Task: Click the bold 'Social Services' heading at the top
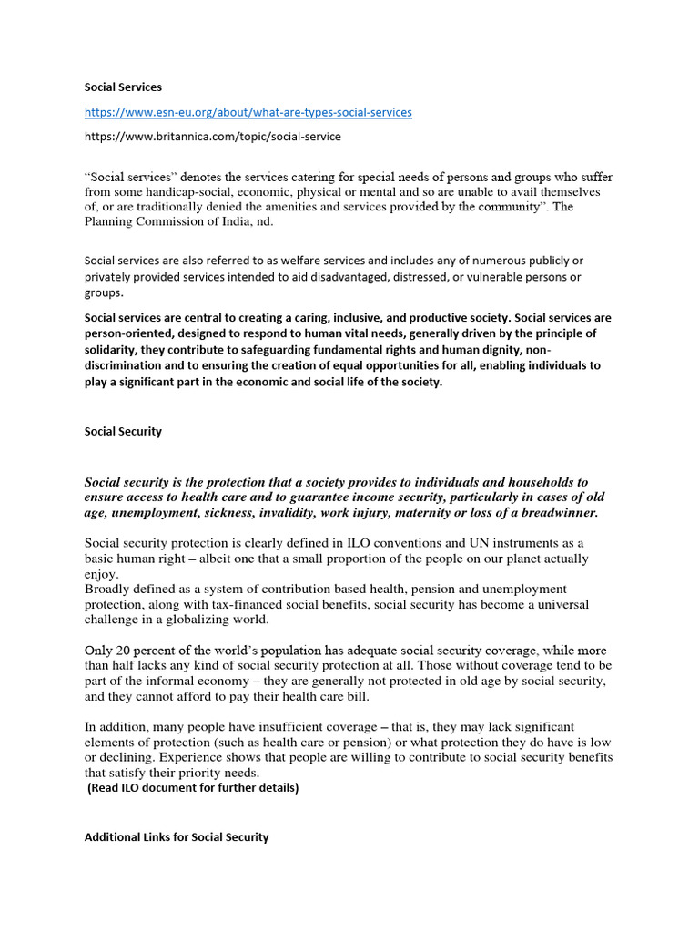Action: click(x=123, y=87)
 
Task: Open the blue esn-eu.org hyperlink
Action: click(x=248, y=112)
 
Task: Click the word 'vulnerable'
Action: click(x=482, y=277)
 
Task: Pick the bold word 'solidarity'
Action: click(x=114, y=350)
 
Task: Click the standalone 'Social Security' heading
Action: click(x=123, y=432)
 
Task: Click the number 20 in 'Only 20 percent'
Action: click(x=125, y=651)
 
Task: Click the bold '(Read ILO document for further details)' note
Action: click(x=193, y=788)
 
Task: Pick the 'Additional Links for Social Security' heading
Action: click(x=177, y=836)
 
